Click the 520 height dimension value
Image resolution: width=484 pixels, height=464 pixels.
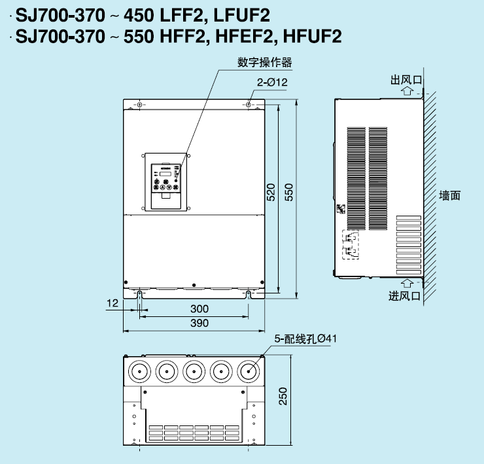pyautogui.click(x=271, y=192)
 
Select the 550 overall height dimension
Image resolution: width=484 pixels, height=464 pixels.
pyautogui.click(x=288, y=192)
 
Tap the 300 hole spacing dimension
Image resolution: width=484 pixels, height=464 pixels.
pyautogui.click(x=199, y=309)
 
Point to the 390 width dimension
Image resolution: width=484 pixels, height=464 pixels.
pyautogui.click(x=199, y=323)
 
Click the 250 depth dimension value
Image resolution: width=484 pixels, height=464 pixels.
pyautogui.click(x=283, y=396)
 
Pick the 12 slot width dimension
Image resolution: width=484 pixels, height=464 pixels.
pyautogui.click(x=112, y=303)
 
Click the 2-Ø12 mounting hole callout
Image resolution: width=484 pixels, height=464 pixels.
pyautogui.click(x=272, y=82)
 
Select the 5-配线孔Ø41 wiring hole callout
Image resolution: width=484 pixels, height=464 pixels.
pyautogui.click(x=305, y=339)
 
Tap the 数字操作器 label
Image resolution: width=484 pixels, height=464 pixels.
pyautogui.click(x=264, y=62)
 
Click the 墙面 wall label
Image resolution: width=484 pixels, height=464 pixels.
pyautogui.click(x=450, y=195)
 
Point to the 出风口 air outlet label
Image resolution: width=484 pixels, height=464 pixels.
pyautogui.click(x=406, y=80)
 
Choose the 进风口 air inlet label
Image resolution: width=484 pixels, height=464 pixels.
pyautogui.click(x=404, y=296)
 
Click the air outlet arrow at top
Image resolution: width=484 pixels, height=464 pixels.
pyautogui.click(x=407, y=91)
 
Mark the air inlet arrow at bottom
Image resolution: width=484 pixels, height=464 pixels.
pyautogui.click(x=407, y=284)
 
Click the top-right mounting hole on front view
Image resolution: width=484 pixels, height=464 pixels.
pyautogui.click(x=249, y=105)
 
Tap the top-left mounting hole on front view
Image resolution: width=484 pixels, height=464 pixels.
pyautogui.click(x=139, y=105)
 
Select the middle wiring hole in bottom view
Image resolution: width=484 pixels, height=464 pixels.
pyautogui.click(x=194, y=371)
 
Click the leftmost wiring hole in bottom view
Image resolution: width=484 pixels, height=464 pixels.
pyautogui.click(x=139, y=371)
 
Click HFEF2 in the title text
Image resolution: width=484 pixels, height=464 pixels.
pyautogui.click(x=244, y=37)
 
